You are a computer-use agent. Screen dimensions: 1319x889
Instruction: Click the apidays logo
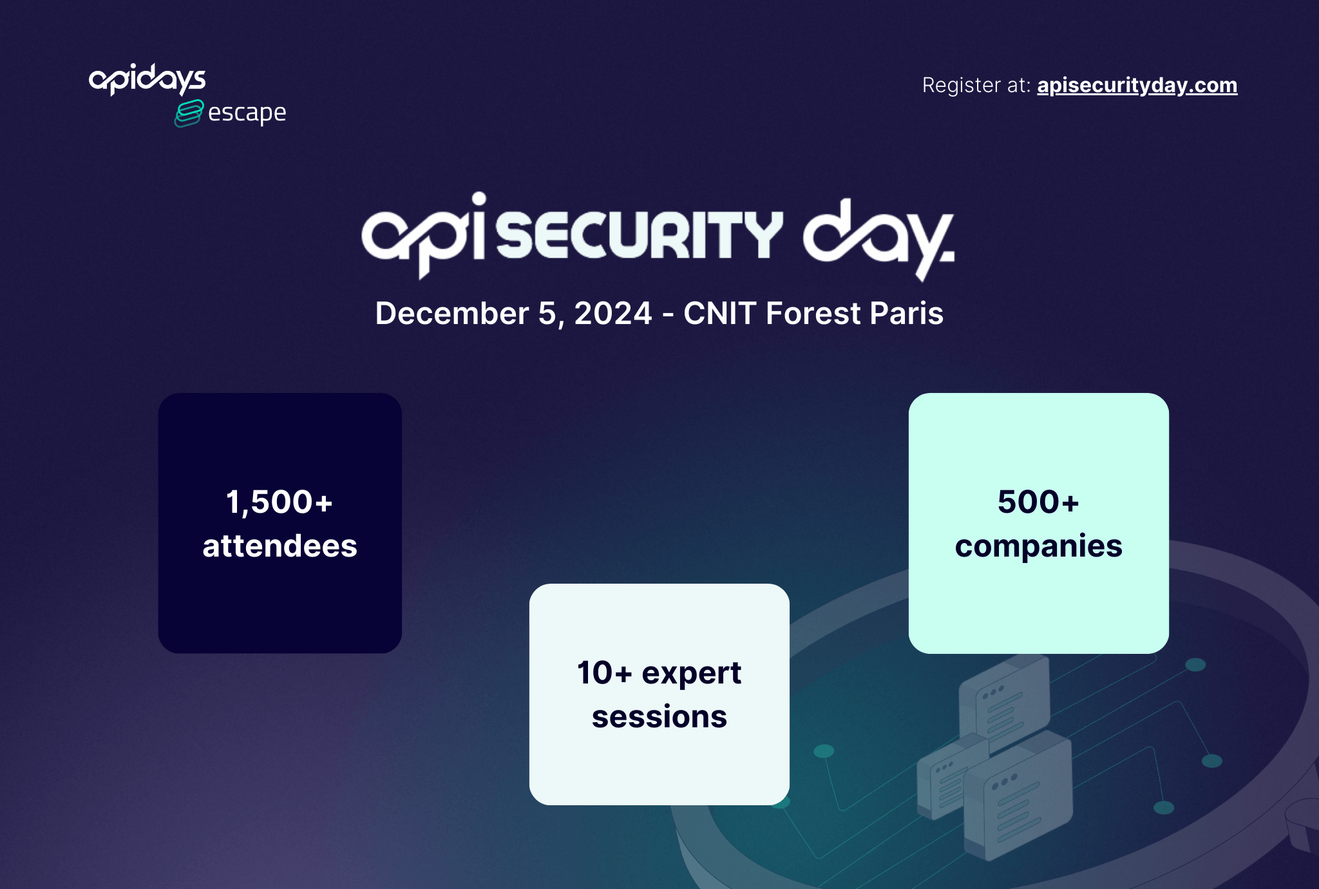tap(147, 79)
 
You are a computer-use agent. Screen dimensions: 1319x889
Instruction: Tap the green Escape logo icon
tap(189, 113)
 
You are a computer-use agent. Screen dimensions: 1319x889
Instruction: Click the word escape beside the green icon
tap(247, 113)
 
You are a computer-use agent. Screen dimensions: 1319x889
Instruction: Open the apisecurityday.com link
tap(1137, 85)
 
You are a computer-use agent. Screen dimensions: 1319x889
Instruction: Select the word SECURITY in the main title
tap(640, 234)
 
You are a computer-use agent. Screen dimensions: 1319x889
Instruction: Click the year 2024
tap(613, 314)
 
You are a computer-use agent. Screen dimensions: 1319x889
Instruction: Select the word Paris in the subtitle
tap(907, 314)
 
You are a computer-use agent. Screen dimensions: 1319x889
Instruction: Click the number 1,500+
tap(280, 502)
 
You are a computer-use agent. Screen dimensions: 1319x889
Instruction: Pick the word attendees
tap(280, 546)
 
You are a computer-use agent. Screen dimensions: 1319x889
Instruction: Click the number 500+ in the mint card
tap(1038, 502)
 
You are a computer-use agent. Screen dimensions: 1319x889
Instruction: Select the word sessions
tap(659, 717)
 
